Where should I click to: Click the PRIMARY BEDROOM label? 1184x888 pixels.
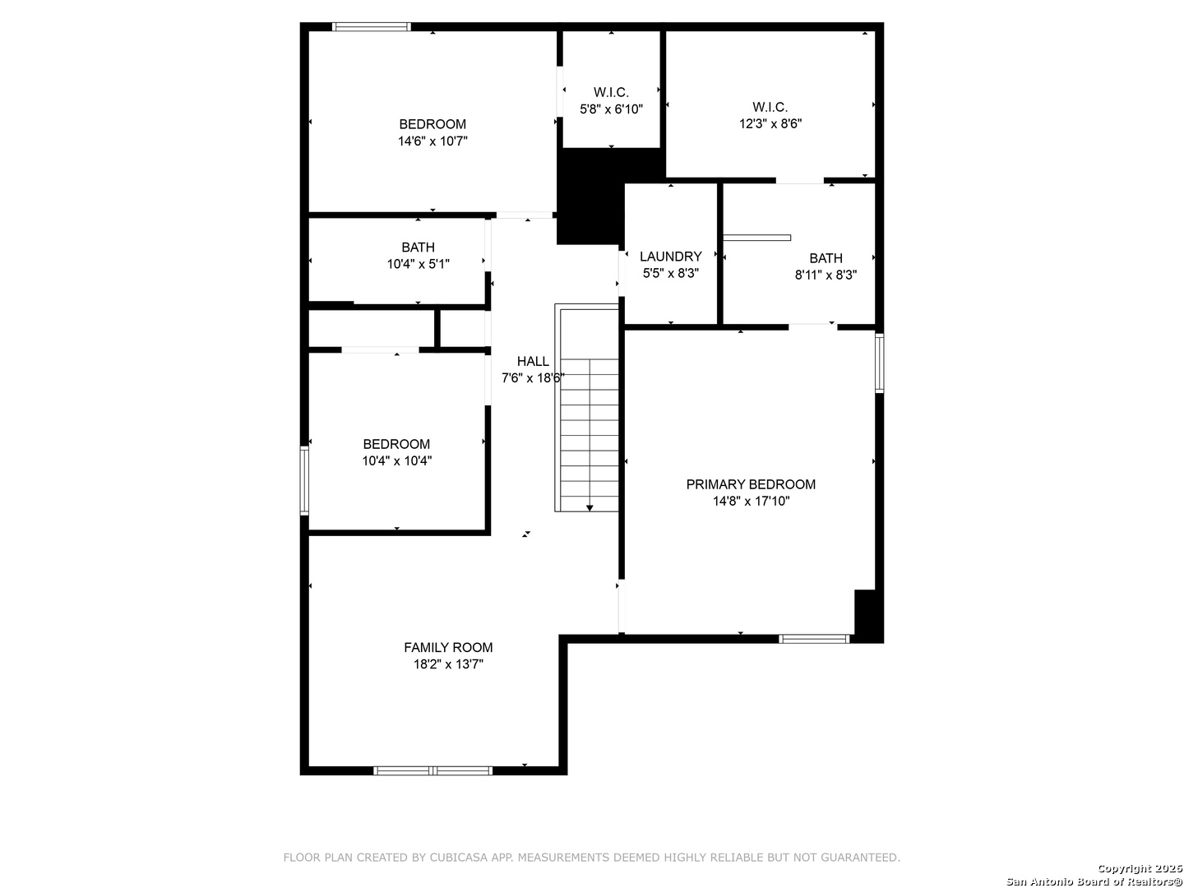751,484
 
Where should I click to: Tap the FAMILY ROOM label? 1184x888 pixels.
448,647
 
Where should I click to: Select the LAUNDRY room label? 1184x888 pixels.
670,256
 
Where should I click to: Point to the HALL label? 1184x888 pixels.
533,361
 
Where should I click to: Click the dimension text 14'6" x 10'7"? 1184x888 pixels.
432,141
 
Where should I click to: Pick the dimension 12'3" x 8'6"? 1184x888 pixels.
770,124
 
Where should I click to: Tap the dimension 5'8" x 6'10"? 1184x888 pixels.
611,109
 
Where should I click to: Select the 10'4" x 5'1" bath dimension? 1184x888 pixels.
418,264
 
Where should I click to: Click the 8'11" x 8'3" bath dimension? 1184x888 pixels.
826,275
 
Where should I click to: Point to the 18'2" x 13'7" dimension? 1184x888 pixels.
448,664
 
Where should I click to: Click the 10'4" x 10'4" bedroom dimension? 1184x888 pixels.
397,461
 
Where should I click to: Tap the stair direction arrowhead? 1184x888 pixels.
590,508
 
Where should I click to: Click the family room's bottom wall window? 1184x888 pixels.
432,770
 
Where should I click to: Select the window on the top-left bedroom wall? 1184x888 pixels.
371,27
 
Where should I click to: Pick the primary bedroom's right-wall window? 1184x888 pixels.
879,363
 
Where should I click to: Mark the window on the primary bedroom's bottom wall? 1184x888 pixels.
814,639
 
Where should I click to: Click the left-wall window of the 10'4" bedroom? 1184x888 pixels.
304,481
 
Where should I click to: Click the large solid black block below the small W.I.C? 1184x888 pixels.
590,197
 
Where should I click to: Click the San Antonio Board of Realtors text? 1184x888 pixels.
1094,881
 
